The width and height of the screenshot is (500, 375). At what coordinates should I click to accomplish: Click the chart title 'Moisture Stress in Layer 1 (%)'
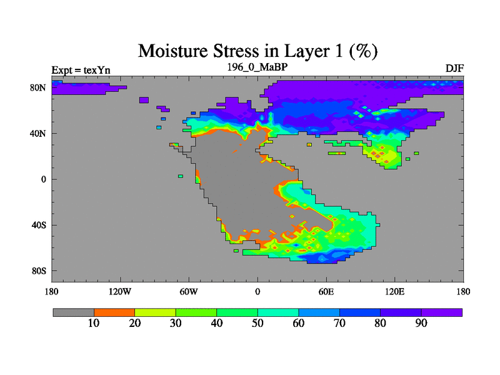point(257,51)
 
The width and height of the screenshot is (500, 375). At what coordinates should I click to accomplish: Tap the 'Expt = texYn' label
point(81,70)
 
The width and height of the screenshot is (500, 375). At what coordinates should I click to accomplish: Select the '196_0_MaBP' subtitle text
point(257,67)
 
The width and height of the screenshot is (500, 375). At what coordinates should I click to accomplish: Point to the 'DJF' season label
point(454,68)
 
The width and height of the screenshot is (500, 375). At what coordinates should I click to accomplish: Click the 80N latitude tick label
point(38,87)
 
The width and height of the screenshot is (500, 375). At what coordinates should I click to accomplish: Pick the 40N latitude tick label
point(38,133)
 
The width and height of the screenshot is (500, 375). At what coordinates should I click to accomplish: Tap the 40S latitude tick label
point(39,225)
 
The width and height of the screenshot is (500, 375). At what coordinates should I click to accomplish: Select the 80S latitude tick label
point(39,271)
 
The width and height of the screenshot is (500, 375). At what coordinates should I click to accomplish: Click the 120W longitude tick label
point(120,291)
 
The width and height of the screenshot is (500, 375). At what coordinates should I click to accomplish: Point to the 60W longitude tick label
point(189,291)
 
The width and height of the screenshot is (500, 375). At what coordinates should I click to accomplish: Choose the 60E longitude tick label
point(326,291)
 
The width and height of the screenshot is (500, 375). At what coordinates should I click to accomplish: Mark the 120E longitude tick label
point(395,291)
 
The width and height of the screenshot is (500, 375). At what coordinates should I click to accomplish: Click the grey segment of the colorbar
point(74,312)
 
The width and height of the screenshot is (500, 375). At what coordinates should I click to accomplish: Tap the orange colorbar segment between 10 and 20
point(114,312)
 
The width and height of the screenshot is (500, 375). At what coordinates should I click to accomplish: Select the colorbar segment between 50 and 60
point(278,312)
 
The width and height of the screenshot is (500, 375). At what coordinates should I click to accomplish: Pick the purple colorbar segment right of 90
point(442,312)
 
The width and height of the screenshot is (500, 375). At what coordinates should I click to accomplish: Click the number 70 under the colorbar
point(339,323)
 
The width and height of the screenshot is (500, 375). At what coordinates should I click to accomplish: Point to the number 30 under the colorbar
point(176,323)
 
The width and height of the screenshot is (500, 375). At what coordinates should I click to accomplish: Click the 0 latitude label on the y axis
point(44,179)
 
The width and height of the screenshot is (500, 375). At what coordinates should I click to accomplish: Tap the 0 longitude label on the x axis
point(257,291)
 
